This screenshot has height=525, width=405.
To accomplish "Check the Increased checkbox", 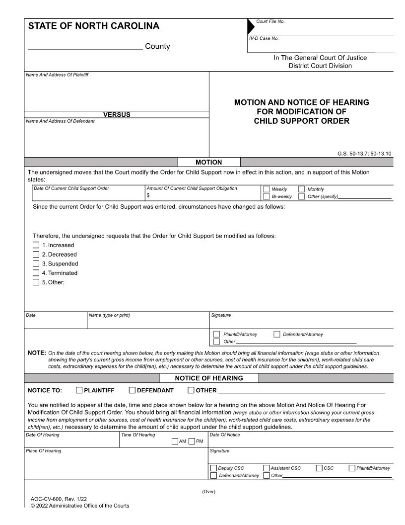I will click(x=35, y=245).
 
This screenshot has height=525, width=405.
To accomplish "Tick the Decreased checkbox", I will click(x=35, y=255).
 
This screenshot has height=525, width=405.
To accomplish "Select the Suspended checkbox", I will click(x=35, y=263).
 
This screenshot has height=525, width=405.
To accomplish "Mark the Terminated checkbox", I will click(x=35, y=273).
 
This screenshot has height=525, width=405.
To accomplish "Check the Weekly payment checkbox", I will click(x=266, y=189).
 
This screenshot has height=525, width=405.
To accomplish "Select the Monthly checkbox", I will click(x=302, y=189).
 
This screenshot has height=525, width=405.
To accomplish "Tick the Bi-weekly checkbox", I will click(x=266, y=196).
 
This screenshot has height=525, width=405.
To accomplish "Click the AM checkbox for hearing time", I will click(x=175, y=441).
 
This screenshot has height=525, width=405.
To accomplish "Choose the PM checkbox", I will click(x=192, y=441).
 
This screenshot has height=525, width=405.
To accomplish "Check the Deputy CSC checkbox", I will click(x=213, y=468).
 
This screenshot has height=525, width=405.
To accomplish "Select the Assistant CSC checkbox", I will click(x=267, y=468).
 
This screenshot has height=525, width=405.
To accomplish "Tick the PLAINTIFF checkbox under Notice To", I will click(x=79, y=391).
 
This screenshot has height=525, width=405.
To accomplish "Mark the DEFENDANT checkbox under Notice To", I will click(x=132, y=391).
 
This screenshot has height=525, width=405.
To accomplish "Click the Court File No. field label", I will click(x=270, y=21).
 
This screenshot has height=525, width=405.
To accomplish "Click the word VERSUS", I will click(x=117, y=115).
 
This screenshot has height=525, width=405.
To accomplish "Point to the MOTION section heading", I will click(x=209, y=162).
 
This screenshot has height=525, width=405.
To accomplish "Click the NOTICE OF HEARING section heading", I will click(x=209, y=378).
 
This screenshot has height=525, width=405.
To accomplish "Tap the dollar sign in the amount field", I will click(x=148, y=196).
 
